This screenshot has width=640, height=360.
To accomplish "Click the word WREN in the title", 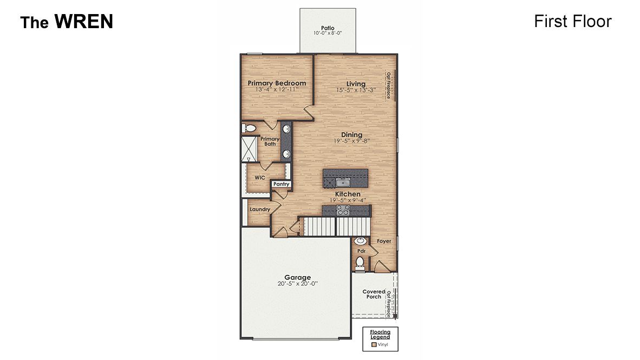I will pyautogui.click(x=83, y=22).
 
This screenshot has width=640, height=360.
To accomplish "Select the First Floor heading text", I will pyautogui.click(x=572, y=21).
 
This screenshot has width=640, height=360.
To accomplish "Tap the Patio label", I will pyautogui.click(x=327, y=28).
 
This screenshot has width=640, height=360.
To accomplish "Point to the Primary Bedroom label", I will pyautogui.click(x=277, y=83).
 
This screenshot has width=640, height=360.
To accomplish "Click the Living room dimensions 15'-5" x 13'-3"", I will pyautogui.click(x=356, y=90).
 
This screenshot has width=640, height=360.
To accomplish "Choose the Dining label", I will pyautogui.click(x=351, y=135).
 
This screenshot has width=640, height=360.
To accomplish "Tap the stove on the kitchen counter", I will pyautogui.click(x=344, y=212).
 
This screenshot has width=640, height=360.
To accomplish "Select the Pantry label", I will pyautogui.click(x=281, y=184).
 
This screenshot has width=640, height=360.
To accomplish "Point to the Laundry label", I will pyautogui.click(x=260, y=210).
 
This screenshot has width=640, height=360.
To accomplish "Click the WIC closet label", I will pyautogui.click(x=259, y=177).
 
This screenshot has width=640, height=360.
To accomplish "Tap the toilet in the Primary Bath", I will pyautogui.click(x=249, y=128).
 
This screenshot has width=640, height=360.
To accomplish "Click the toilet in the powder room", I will pyautogui.click(x=360, y=264).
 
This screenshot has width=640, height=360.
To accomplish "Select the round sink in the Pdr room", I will pyautogui.click(x=360, y=241).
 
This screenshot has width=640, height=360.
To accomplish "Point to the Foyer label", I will pyautogui.click(x=384, y=241).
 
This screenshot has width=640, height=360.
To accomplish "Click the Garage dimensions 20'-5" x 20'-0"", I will pyautogui.click(x=297, y=284).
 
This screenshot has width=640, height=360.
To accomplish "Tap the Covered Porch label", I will pyautogui.click(x=373, y=294).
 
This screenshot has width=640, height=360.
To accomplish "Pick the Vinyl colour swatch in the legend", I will pyautogui.click(x=373, y=344).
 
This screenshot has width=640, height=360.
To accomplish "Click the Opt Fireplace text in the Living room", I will pyautogui.click(x=388, y=86).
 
